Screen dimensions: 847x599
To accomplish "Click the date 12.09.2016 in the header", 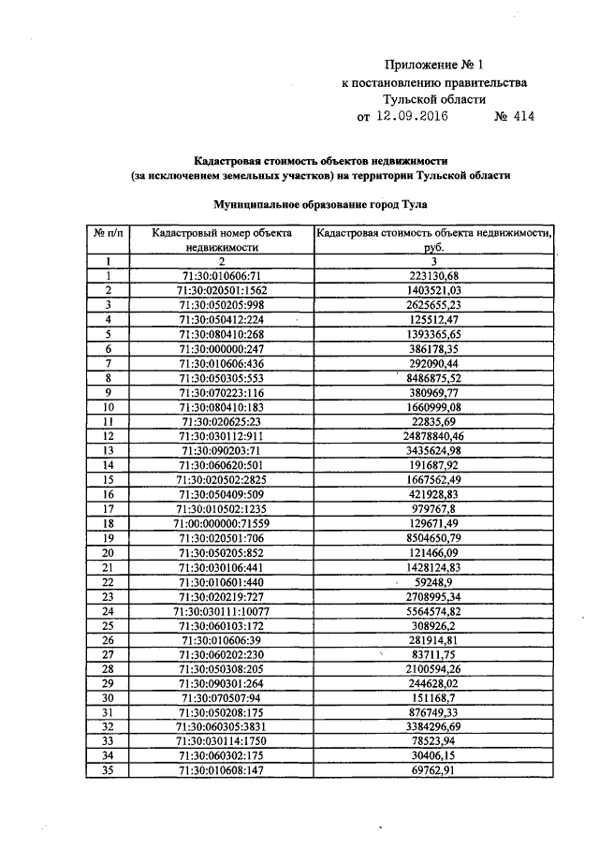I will coord(412,118).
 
